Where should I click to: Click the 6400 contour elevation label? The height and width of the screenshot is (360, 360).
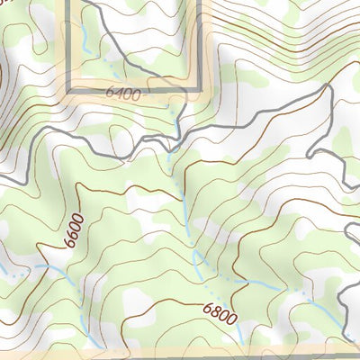tap(123, 93)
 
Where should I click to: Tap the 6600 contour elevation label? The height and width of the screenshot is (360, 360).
tap(74, 229)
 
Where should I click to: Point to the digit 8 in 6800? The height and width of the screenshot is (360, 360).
tap(215, 312)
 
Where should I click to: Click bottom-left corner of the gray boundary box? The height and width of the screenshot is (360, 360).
tap(69, 90)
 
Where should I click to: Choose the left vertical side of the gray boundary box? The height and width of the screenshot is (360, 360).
tap(69, 45)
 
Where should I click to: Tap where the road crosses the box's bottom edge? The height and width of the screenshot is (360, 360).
tap(174, 90)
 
